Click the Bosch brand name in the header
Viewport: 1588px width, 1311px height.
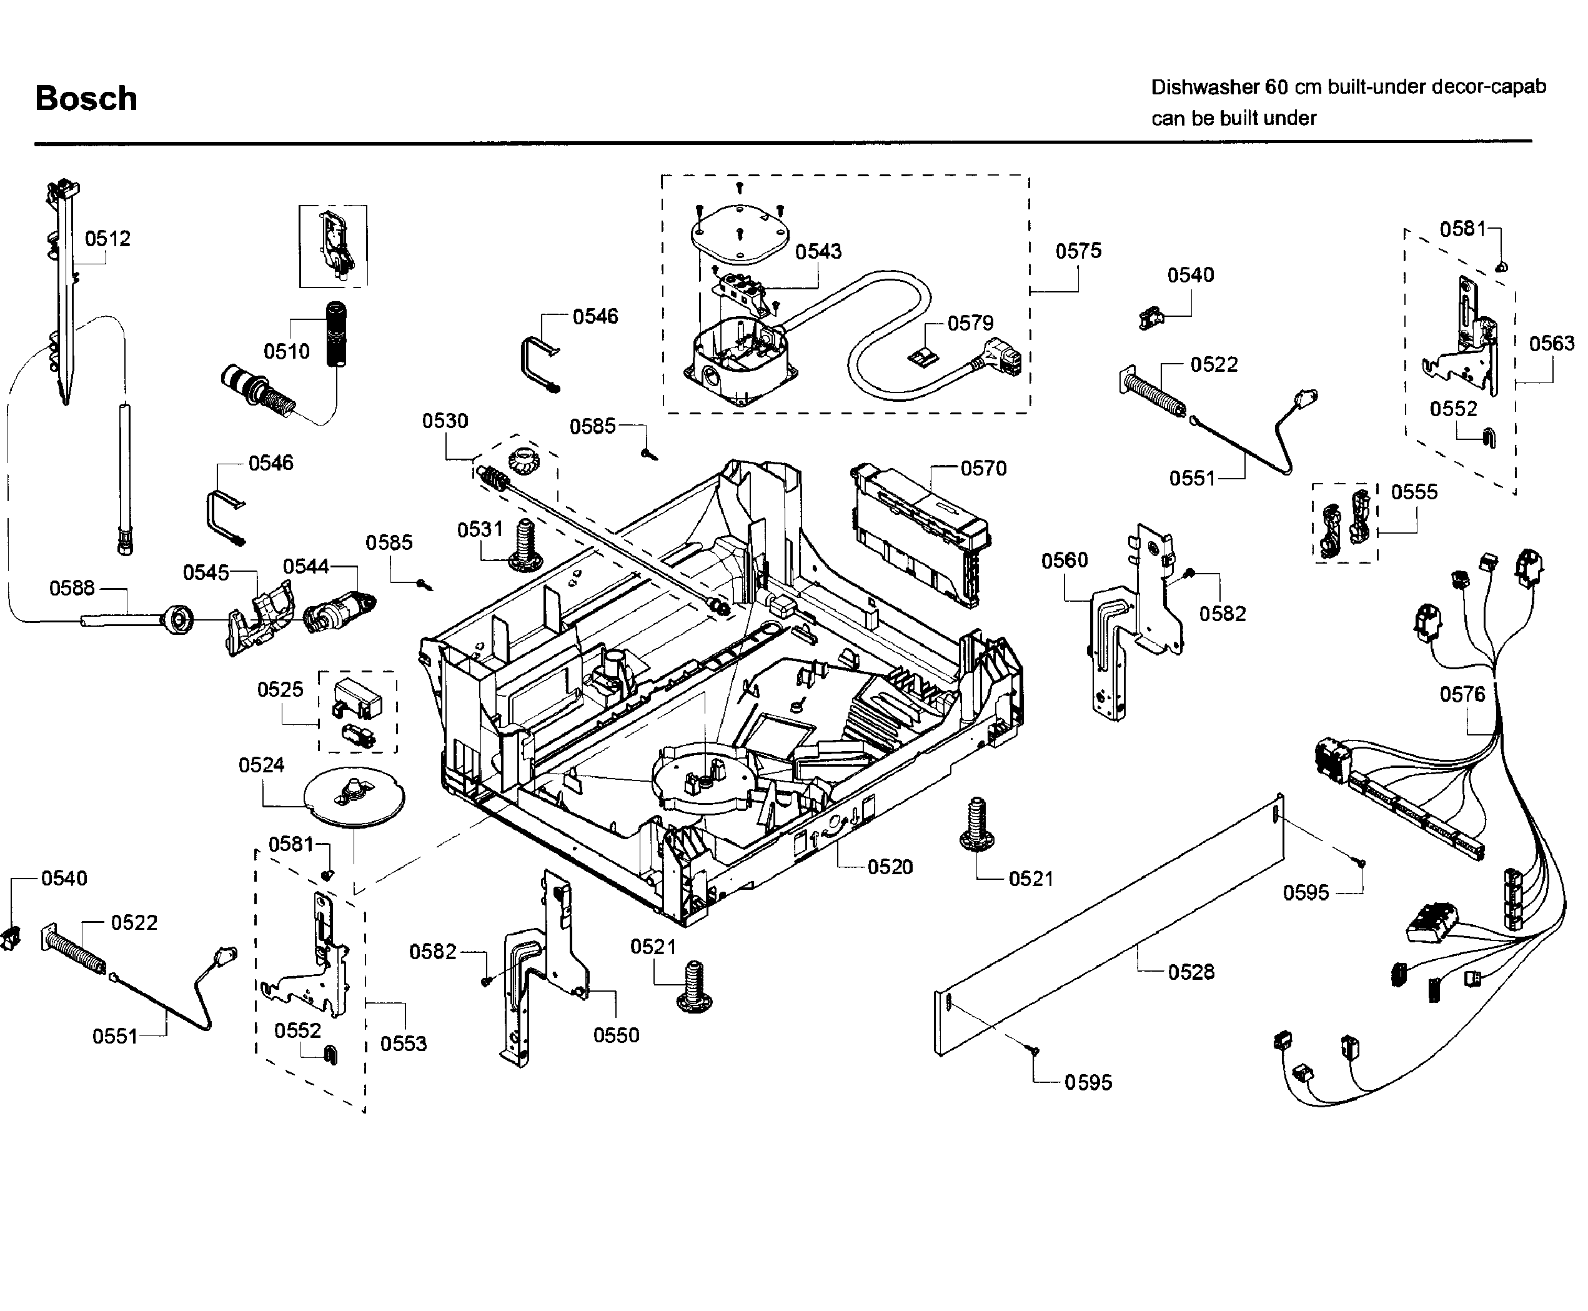click(x=86, y=99)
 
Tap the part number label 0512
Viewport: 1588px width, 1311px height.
click(x=107, y=239)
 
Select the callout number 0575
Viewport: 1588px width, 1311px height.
click(x=1078, y=251)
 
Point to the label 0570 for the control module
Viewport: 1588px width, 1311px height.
click(x=983, y=469)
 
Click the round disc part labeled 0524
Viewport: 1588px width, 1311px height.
click(x=354, y=797)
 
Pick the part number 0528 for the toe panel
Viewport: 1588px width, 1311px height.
click(x=1191, y=972)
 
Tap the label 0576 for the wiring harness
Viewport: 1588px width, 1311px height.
click(x=1462, y=694)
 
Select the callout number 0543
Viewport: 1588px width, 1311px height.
click(x=818, y=251)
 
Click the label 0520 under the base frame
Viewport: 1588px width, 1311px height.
click(x=890, y=867)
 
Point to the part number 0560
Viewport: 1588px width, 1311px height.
click(x=1064, y=561)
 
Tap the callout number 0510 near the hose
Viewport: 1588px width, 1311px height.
click(x=286, y=351)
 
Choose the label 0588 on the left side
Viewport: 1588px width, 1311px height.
click(x=72, y=587)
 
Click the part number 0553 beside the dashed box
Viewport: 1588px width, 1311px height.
click(x=403, y=1044)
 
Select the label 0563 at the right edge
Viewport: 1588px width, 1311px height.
click(x=1552, y=344)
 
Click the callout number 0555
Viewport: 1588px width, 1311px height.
click(x=1414, y=492)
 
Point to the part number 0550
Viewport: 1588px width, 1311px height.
click(x=616, y=1035)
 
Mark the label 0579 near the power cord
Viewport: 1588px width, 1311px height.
click(x=970, y=323)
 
